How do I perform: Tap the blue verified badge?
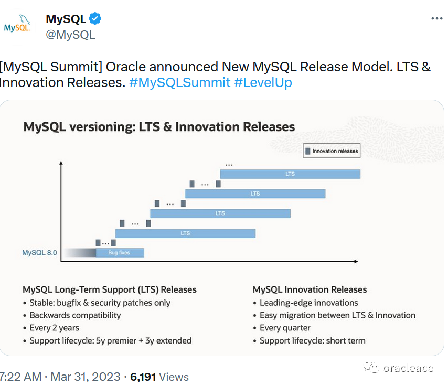tap(95, 19)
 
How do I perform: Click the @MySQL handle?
tap(70, 35)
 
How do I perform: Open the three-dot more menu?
tap(436, 18)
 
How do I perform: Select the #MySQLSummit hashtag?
tap(179, 82)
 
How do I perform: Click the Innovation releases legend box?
tap(332, 151)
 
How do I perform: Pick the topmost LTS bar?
tap(290, 174)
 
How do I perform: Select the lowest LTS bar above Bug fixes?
tap(185, 233)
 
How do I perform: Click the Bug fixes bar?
tap(120, 253)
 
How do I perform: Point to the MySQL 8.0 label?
tap(39, 253)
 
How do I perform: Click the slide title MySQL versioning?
tap(159, 127)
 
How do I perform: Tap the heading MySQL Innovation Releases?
tap(310, 290)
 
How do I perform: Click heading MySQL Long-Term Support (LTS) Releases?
tap(110, 290)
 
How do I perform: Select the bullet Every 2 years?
tap(54, 328)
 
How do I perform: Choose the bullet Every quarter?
tap(285, 328)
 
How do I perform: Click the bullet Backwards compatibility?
tap(75, 315)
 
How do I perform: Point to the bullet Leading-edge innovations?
tap(308, 303)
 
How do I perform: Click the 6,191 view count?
tap(143, 377)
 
